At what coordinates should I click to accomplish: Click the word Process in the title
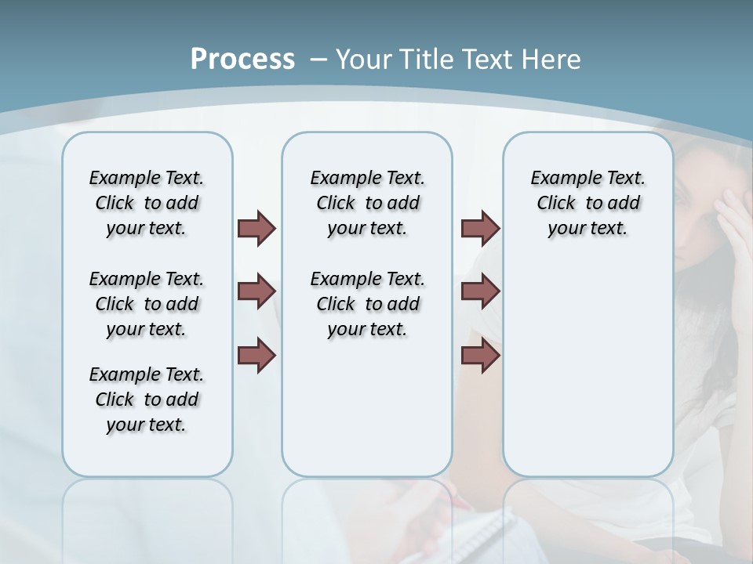(x=242, y=59)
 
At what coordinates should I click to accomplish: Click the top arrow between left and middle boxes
(x=256, y=228)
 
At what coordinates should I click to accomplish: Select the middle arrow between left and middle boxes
(x=256, y=291)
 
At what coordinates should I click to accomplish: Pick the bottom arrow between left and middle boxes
(x=256, y=356)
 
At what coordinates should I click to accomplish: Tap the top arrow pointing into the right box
(x=480, y=228)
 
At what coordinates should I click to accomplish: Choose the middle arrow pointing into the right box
(x=480, y=291)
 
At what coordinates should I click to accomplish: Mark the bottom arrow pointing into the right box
(x=480, y=356)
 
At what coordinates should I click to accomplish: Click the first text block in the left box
(x=147, y=203)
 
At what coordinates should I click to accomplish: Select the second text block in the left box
(x=147, y=304)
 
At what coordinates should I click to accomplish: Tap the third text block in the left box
(x=147, y=399)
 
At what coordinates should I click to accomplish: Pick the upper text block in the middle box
(x=367, y=203)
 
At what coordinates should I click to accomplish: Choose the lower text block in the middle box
(x=367, y=304)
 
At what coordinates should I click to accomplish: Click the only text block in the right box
(x=587, y=203)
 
